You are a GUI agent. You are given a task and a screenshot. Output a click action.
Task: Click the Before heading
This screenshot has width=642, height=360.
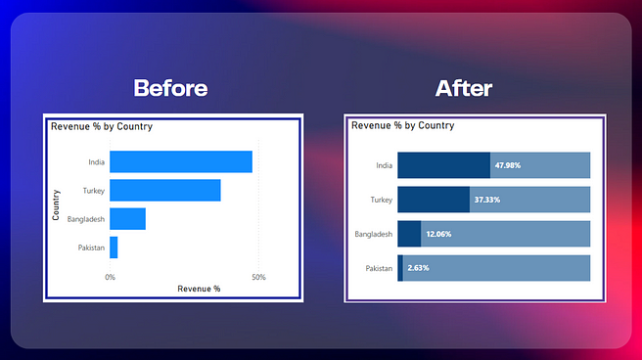170,88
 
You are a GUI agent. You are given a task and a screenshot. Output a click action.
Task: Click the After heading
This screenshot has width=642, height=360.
464,89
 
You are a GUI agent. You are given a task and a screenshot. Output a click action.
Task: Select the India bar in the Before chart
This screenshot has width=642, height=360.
181,161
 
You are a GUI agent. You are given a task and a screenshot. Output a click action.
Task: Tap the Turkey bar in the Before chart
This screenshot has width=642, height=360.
164,190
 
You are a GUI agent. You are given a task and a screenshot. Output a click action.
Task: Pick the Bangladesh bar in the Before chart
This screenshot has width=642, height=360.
127,219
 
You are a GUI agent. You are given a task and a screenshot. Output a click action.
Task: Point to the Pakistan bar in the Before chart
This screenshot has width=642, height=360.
114,247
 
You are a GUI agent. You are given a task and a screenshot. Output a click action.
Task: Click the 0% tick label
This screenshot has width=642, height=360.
110,277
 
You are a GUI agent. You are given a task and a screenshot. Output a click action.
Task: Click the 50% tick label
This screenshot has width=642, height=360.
258,277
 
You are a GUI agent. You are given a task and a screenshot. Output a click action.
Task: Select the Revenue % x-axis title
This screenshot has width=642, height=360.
199,289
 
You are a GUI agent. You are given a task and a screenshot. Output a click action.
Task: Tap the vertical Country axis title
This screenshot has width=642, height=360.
57,204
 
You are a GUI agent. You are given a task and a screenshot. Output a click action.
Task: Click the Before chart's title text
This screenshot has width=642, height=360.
102,126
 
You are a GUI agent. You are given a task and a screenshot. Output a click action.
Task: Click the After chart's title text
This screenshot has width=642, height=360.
402,125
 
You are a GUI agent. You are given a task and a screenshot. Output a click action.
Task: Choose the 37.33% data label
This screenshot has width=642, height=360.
487,200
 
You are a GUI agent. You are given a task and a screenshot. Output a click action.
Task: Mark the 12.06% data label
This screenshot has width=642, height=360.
438,234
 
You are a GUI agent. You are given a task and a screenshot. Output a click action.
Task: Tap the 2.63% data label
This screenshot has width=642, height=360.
419,267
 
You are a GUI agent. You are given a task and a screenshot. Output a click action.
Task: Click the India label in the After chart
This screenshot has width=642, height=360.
384,165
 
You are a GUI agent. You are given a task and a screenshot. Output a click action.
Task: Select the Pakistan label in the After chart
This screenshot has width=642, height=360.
379,268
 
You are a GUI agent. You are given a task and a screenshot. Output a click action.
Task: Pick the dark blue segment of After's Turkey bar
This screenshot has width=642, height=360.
434,200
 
